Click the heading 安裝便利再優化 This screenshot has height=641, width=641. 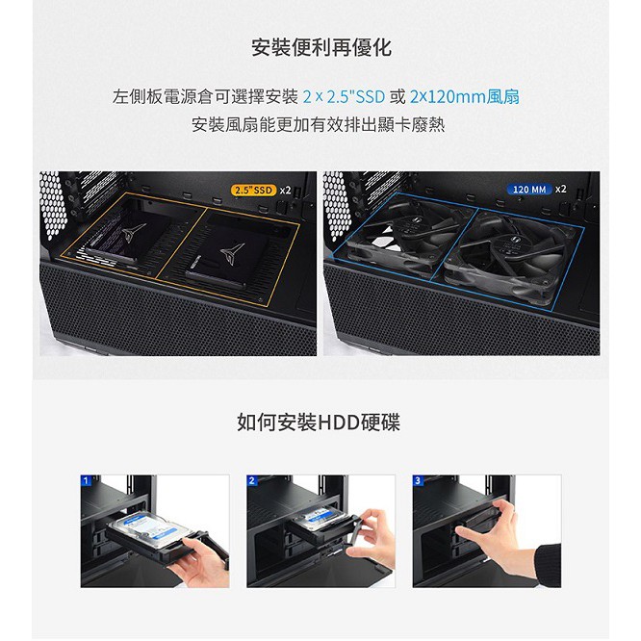pos(321,48)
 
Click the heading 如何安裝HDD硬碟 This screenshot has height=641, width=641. pos(319,422)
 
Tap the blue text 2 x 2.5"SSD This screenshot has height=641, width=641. pos(344,97)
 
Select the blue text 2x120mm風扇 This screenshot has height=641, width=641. pos(465,97)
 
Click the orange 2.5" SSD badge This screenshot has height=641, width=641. pos(254,191)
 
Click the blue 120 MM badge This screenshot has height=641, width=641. pos(529,190)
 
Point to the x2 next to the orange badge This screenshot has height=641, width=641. pos(285,191)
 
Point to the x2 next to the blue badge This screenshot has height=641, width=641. pos(561,189)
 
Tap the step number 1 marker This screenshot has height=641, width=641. pos(86,480)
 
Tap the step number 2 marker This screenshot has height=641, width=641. pos(251,480)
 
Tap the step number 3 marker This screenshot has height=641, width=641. pos(418,480)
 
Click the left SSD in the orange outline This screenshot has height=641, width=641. pos(128,237)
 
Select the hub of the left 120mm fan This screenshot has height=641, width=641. pos(410,226)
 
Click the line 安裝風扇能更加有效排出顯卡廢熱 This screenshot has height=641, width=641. pos(319,125)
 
